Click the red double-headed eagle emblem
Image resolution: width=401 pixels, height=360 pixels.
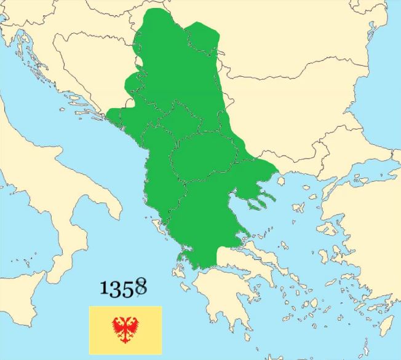point(125,329)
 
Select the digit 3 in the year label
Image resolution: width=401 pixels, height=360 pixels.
point(116,288)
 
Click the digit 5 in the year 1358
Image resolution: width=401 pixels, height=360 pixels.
point(128,288)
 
